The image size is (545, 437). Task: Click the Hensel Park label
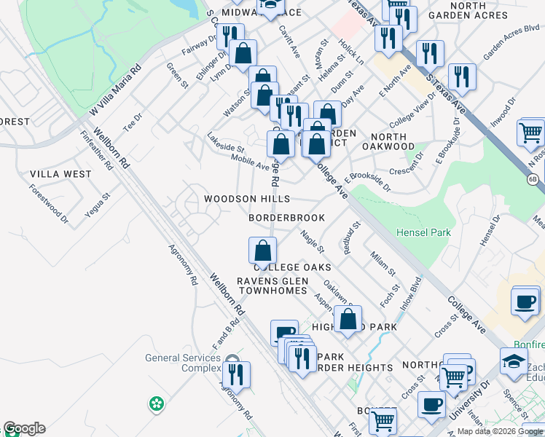[423, 233]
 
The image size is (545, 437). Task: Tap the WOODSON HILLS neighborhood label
[246, 199]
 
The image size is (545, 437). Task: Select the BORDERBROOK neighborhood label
[286, 218]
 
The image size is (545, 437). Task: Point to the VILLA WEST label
[60, 174]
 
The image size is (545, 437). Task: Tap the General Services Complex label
[182, 363]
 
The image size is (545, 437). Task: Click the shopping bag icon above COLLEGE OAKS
[262, 251]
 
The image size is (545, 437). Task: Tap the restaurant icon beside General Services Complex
[237, 374]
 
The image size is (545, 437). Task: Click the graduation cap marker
[514, 361]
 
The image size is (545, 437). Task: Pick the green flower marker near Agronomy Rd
[155, 403]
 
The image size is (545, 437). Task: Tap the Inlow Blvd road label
[410, 291]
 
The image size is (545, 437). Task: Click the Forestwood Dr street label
[48, 203]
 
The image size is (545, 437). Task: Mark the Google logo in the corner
[24, 428]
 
